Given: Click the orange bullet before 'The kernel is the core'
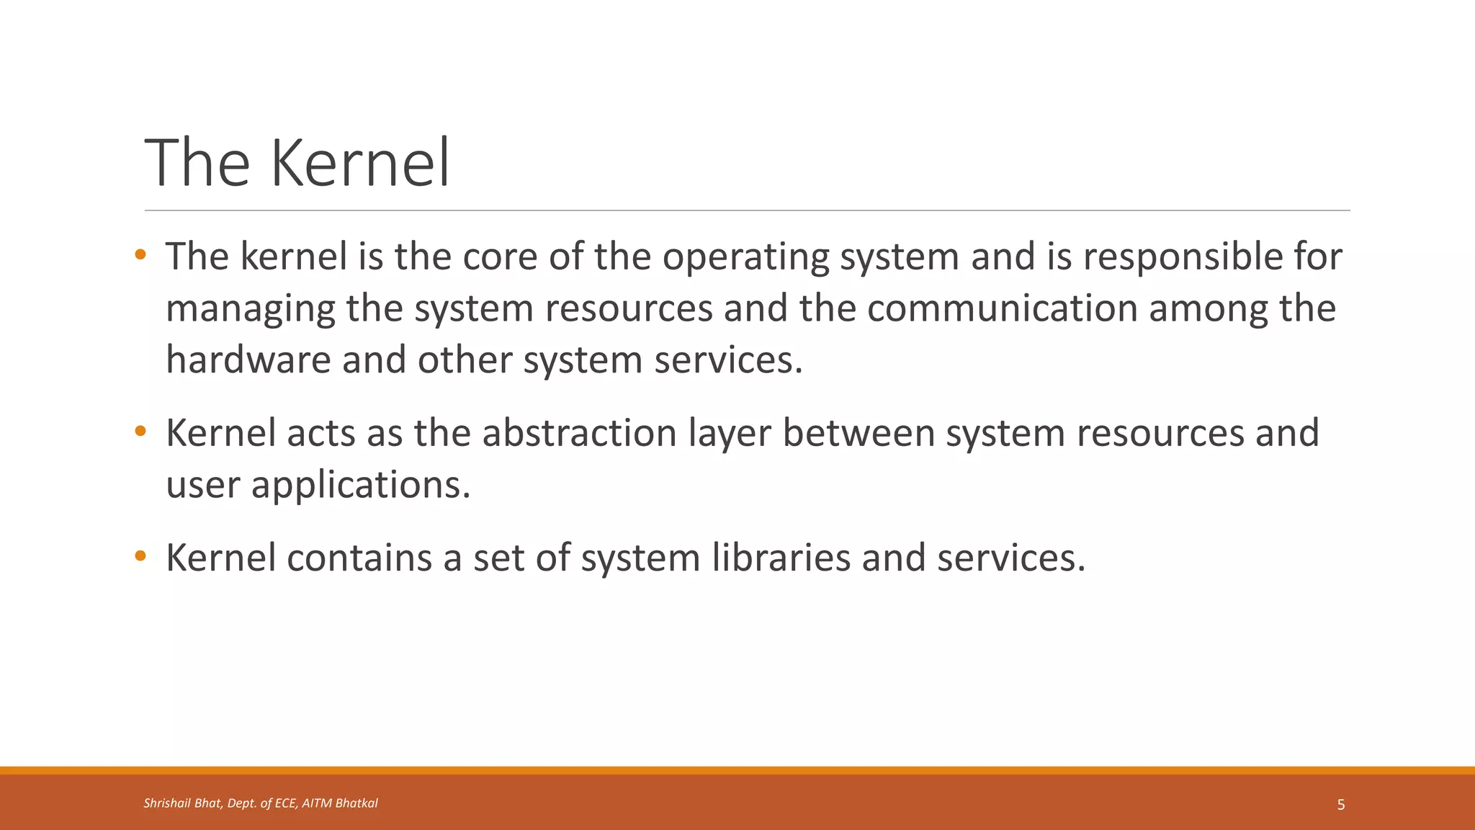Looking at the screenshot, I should (140, 254).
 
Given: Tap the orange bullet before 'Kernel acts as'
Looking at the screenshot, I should (140, 432).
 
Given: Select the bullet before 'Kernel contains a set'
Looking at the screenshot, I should (140, 555).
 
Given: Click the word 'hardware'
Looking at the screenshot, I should (248, 360).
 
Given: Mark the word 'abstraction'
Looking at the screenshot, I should (580, 433).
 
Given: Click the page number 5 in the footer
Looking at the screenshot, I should (1340, 805).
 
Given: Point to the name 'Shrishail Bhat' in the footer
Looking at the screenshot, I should (182, 803).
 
